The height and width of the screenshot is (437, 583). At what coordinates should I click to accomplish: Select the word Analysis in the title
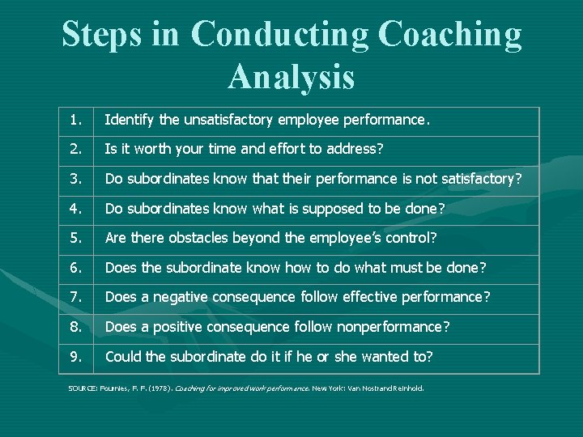[x=291, y=77]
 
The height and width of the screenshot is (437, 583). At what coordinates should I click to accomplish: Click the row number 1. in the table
[x=75, y=121]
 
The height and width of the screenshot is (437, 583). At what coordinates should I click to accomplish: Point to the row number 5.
[x=75, y=238]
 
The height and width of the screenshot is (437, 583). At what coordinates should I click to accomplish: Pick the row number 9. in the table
[x=75, y=357]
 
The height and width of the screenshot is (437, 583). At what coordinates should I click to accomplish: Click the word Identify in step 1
[x=130, y=121]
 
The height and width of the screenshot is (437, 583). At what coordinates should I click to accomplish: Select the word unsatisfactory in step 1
[x=228, y=121]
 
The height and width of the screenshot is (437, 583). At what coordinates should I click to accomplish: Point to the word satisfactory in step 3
[x=474, y=179]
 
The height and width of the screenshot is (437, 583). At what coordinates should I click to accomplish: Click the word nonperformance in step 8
[x=394, y=327]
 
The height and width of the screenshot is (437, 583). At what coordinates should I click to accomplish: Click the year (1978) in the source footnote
[x=158, y=388]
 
